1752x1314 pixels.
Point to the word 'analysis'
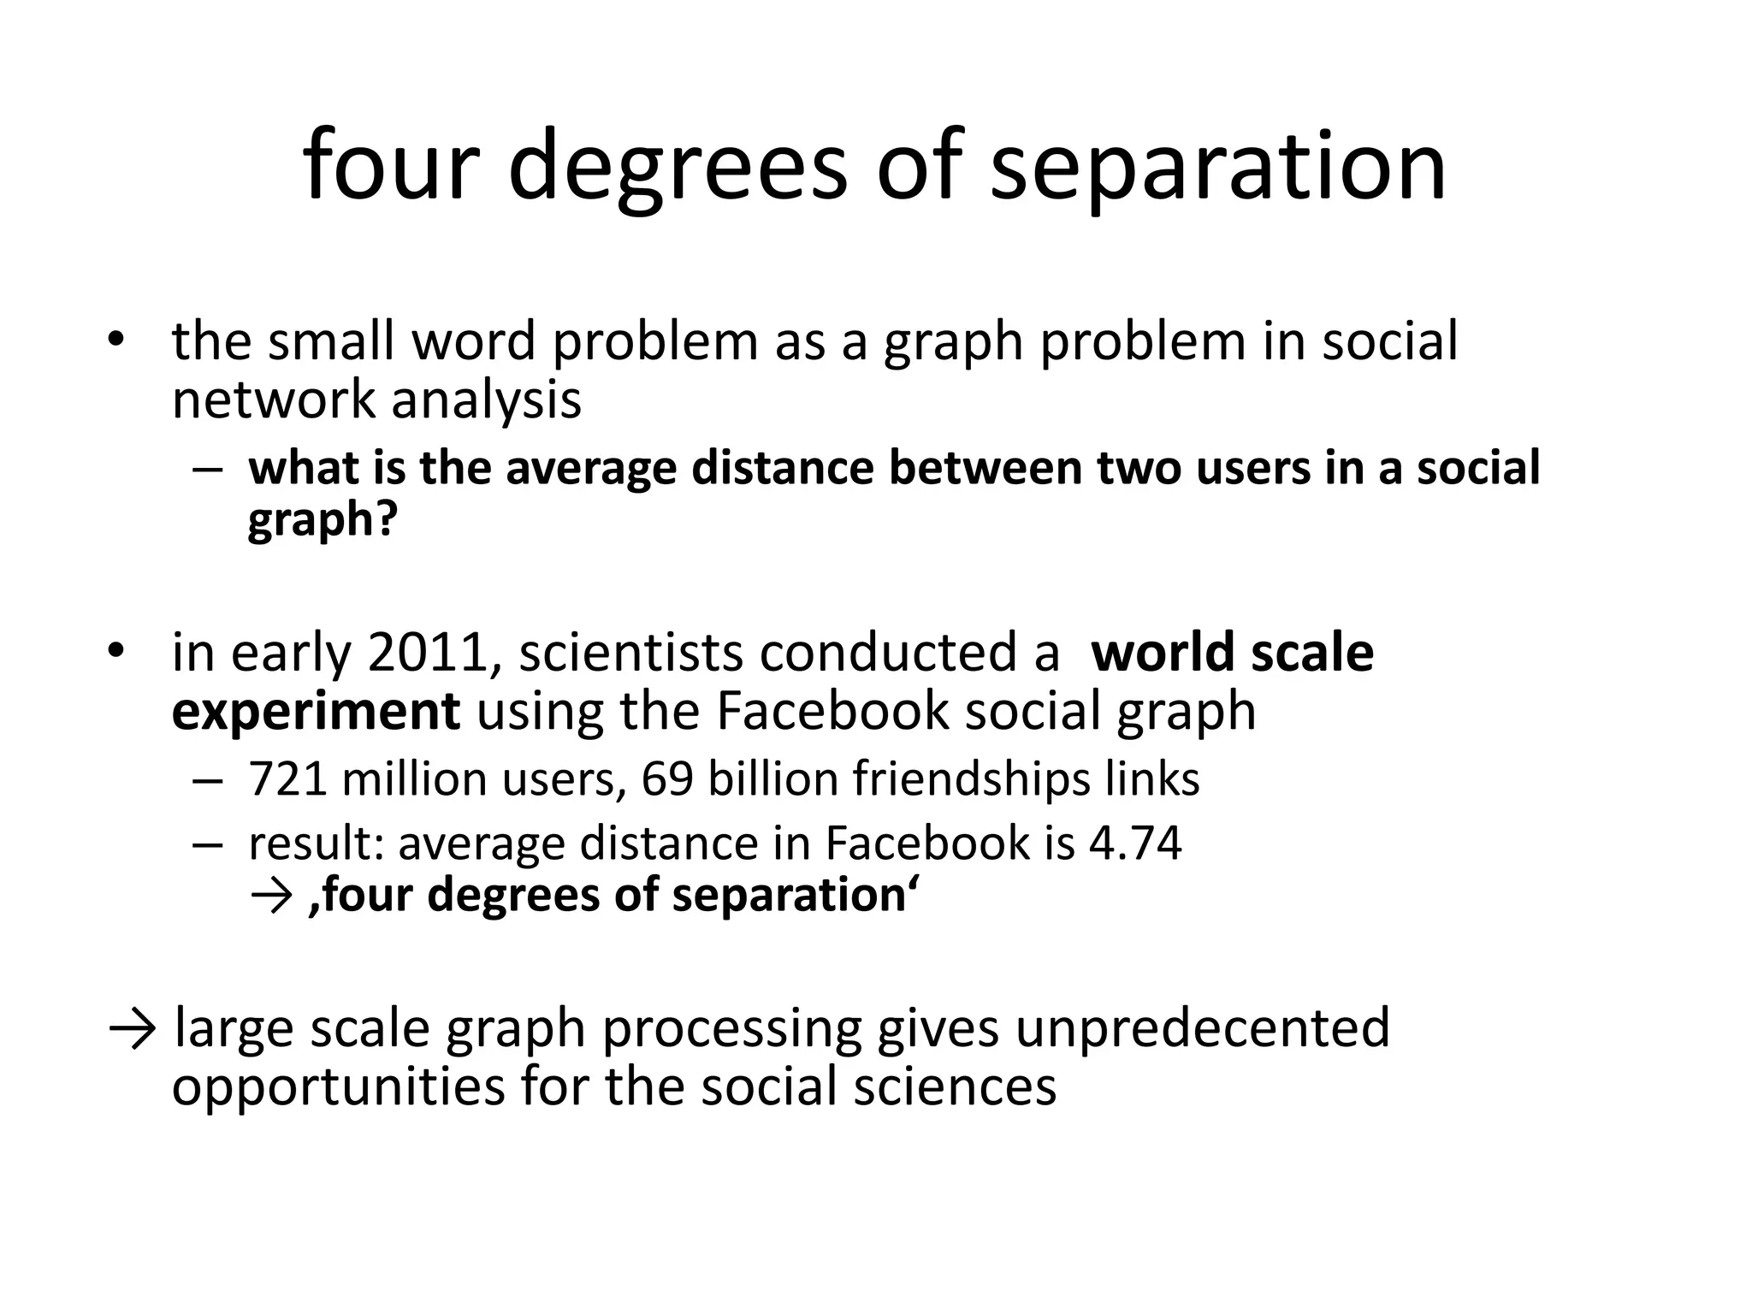click(486, 399)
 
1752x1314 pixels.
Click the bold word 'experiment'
click(316, 711)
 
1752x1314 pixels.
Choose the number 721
click(287, 778)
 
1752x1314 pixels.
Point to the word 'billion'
click(772, 778)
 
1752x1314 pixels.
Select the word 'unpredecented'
click(1202, 1027)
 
